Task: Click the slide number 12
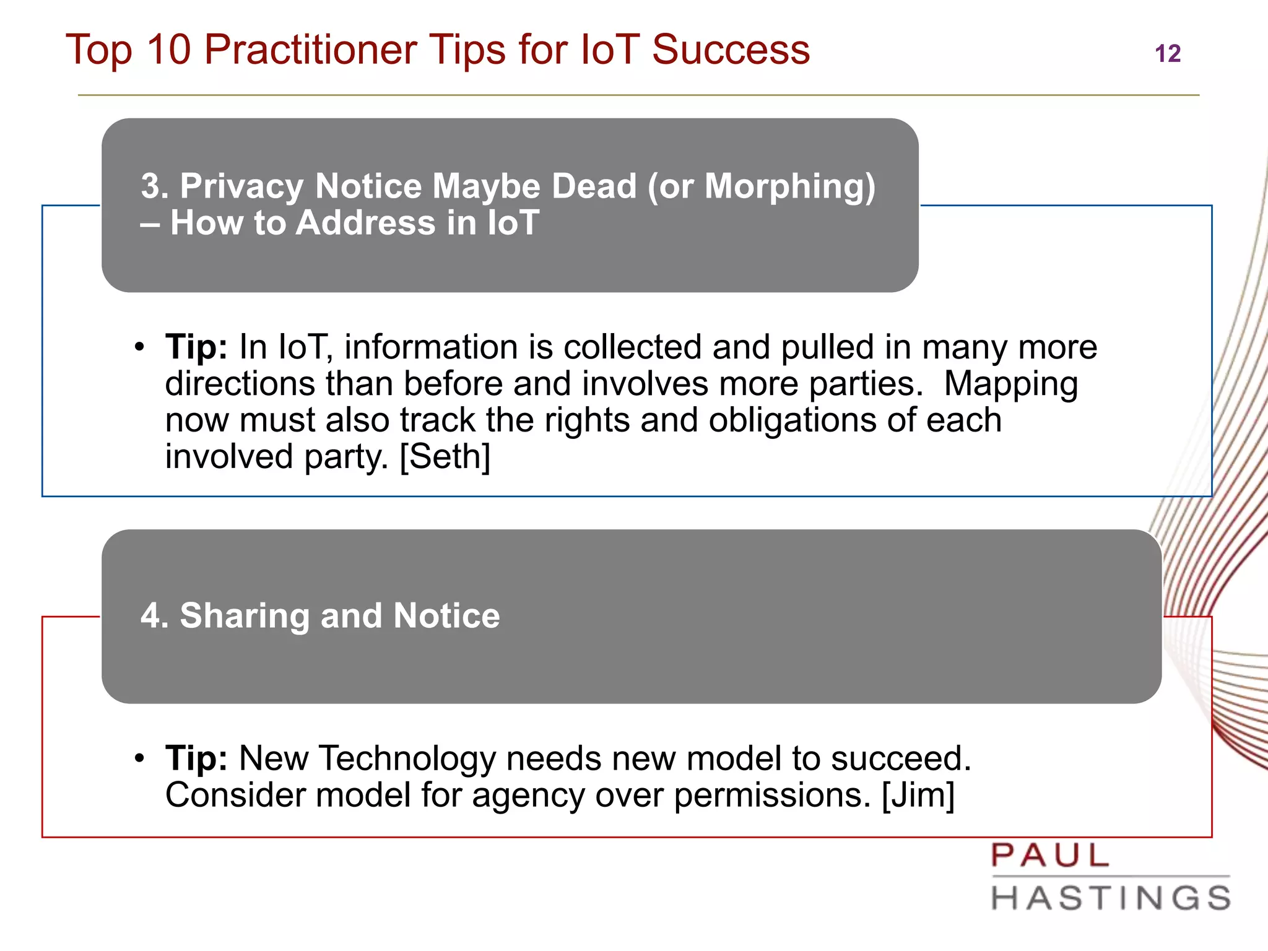coord(1168,54)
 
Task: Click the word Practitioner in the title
coord(310,50)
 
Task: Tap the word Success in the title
coord(731,50)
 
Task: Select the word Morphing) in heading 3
coord(790,186)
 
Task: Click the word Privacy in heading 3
coord(241,186)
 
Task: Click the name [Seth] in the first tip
coord(445,457)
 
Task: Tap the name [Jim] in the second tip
coord(918,795)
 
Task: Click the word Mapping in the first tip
coord(1010,384)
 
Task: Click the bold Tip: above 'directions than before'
coord(196,347)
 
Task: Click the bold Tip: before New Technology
coord(196,758)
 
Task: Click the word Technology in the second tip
coord(407,758)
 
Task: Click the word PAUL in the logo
coord(1049,856)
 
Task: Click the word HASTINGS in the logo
coord(1111,898)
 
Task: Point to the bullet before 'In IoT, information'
coord(140,347)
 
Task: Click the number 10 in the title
coord(168,50)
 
